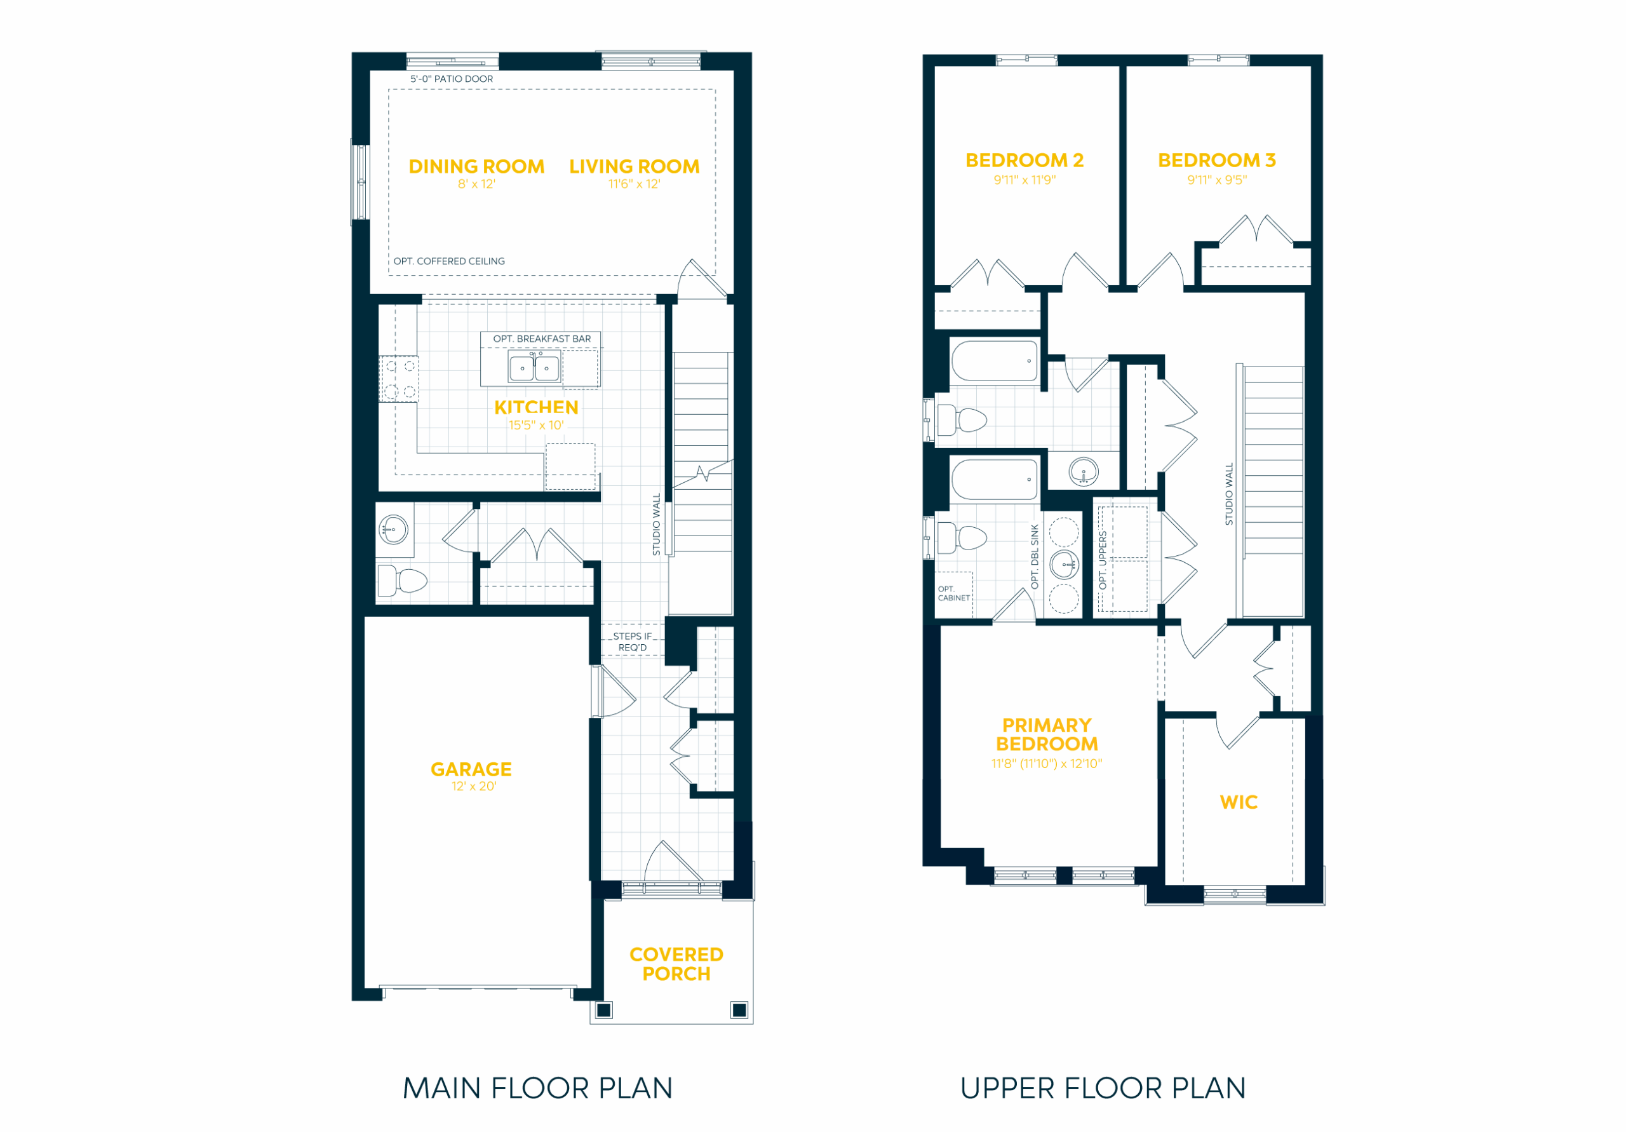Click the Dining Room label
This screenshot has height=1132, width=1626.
point(476,166)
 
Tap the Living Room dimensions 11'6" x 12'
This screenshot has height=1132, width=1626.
point(634,184)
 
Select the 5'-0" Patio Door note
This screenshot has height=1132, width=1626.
point(452,79)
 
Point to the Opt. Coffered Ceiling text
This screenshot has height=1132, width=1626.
point(449,261)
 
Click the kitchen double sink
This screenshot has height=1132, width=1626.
point(534,368)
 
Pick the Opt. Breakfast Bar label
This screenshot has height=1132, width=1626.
point(542,339)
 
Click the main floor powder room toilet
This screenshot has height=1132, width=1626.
point(402,581)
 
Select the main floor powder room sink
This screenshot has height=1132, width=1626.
point(393,529)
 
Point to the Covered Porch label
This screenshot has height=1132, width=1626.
point(676,964)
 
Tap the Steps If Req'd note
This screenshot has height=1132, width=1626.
point(633,642)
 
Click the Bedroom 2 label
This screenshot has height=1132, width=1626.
point(1025,161)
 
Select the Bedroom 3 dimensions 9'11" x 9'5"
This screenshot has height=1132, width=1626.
point(1217,180)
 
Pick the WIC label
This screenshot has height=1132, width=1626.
point(1239,802)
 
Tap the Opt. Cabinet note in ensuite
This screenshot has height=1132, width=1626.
point(954,593)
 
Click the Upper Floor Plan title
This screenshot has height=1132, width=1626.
point(1103,1088)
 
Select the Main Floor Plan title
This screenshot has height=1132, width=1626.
point(537,1088)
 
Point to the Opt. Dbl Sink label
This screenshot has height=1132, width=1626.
point(1035,557)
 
